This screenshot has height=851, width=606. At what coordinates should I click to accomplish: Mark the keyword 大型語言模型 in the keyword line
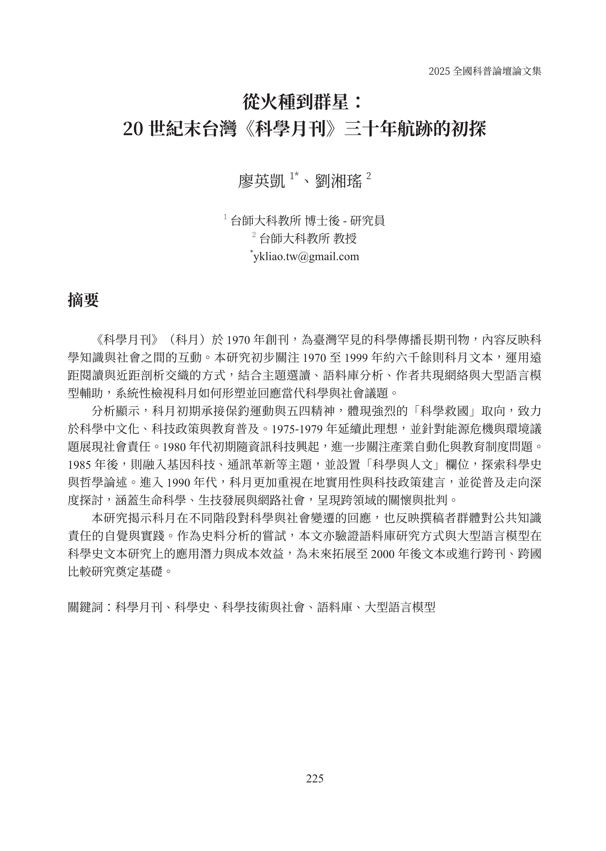coord(400,607)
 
